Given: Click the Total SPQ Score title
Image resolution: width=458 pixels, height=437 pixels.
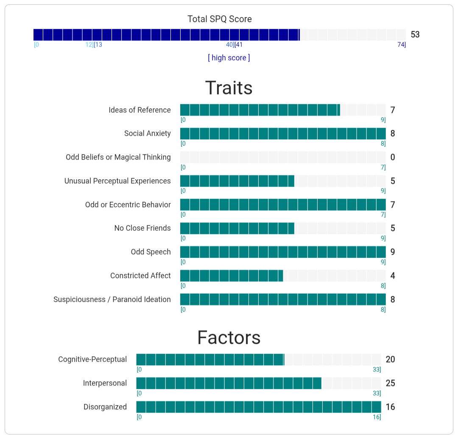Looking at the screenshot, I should tap(220, 19).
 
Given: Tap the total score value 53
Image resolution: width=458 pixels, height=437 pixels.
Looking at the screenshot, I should tap(415, 34).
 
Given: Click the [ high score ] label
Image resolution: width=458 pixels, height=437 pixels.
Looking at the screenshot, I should tap(229, 58).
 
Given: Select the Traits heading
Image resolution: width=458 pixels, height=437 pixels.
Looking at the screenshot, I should tap(229, 88).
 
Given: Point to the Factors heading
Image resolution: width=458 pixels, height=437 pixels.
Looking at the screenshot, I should tap(229, 338).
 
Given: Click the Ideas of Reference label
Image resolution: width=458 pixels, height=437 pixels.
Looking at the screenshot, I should tap(140, 110).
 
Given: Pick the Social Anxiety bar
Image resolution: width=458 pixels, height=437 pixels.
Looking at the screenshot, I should tap(283, 134).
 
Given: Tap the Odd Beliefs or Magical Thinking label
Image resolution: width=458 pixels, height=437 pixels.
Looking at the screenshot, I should tap(118, 157).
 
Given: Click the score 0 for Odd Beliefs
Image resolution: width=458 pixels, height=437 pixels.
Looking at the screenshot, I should tap(393, 158).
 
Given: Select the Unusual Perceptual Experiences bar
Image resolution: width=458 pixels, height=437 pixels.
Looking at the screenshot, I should tap(283, 181).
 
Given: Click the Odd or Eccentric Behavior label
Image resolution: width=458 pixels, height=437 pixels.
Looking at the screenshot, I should tap(128, 205).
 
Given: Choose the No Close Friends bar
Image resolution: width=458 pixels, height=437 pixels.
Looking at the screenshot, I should tap(283, 228).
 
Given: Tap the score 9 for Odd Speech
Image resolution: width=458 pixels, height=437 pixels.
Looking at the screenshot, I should tap(393, 252).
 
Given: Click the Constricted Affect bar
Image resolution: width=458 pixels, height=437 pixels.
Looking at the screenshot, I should tap(283, 276).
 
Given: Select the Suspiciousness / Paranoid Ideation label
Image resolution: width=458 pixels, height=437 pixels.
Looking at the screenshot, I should tap(112, 299).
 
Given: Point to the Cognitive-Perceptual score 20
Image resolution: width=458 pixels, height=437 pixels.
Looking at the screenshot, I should tap(390, 360).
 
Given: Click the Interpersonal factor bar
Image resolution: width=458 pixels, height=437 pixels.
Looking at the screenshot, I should tap(258, 383).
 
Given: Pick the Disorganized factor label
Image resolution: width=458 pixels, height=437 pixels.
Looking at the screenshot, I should tap(105, 407).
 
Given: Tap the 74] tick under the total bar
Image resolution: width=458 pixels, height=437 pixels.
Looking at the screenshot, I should tap(401, 45).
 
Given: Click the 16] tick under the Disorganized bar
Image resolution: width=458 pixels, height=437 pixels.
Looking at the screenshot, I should tap(377, 417).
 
